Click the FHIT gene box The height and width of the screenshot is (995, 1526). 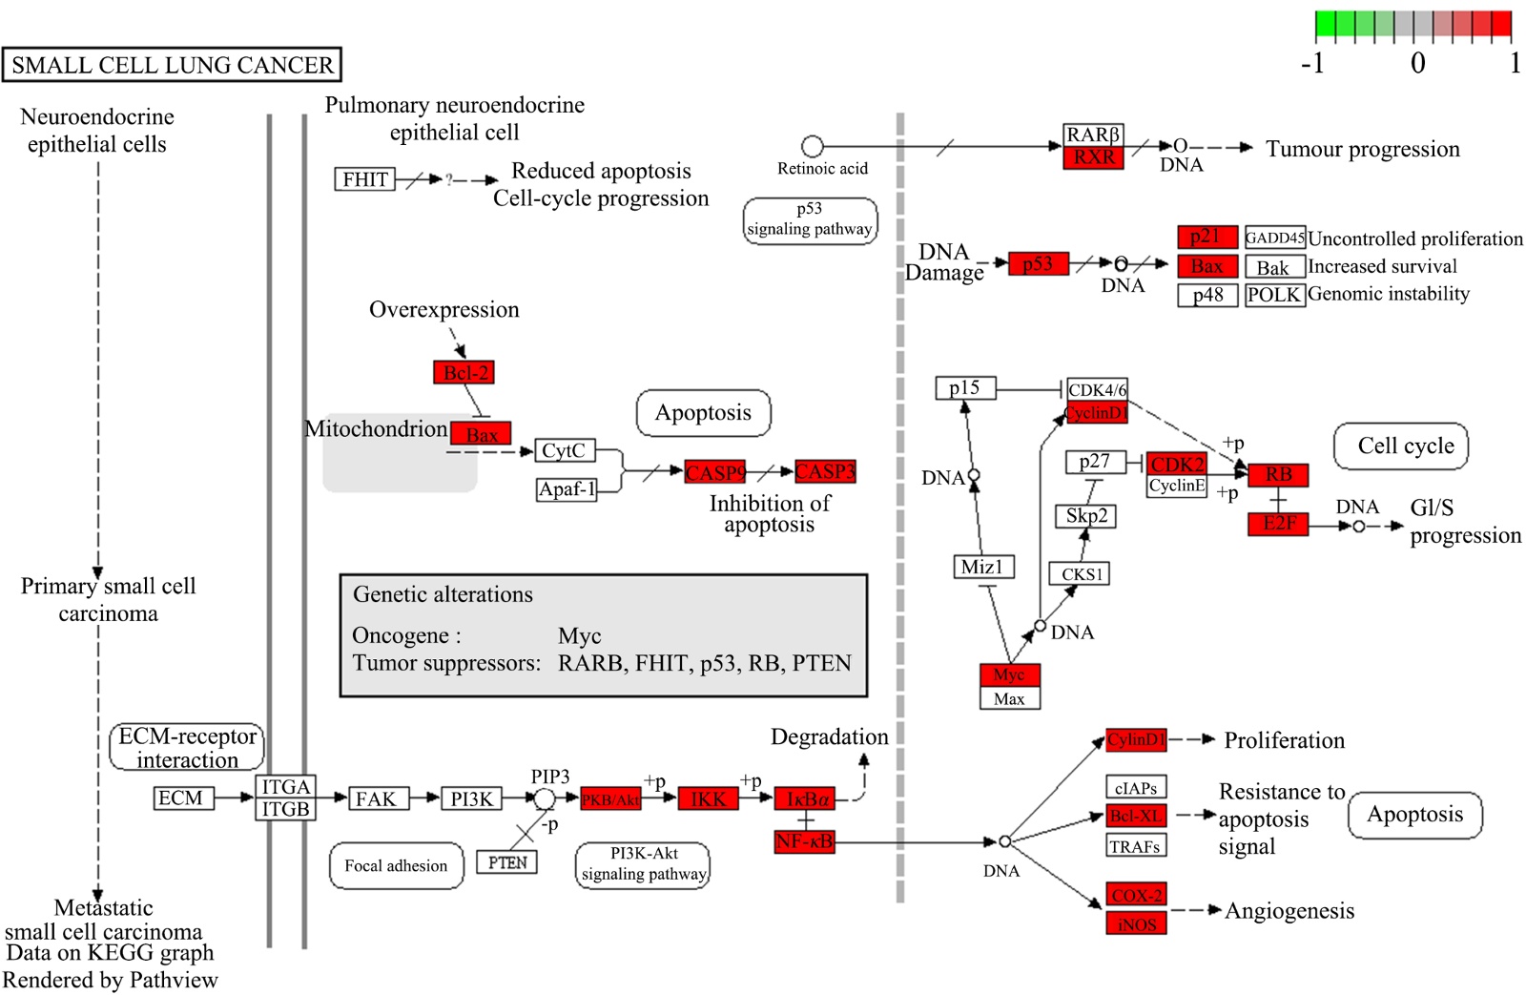pyautogui.click(x=364, y=179)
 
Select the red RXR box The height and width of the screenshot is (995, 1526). pyautogui.click(x=1093, y=157)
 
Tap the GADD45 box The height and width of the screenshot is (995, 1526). pyautogui.click(x=1274, y=238)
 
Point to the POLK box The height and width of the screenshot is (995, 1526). pyautogui.click(x=1274, y=295)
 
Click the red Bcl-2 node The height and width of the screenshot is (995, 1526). pyautogui.click(x=464, y=372)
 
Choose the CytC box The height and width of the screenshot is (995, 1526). pyautogui.click(x=564, y=450)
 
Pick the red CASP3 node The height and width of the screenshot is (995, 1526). pyautogui.click(x=825, y=471)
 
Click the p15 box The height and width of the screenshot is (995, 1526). pyautogui.click(x=965, y=388)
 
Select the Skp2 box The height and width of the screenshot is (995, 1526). pyautogui.click(x=1085, y=516)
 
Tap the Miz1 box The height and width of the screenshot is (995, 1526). pyautogui.click(x=983, y=567)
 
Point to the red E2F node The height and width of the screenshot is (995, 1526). pyautogui.click(x=1278, y=524)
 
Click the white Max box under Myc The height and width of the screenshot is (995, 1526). pyautogui.click(x=1009, y=698)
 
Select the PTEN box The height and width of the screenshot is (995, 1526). pyautogui.click(x=506, y=862)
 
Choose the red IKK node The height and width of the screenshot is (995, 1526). pyautogui.click(x=708, y=799)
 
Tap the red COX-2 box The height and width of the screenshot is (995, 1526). pyautogui.click(x=1136, y=895)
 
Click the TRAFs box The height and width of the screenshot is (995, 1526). pyautogui.click(x=1135, y=845)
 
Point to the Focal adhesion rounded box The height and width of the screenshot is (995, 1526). pyautogui.click(x=396, y=865)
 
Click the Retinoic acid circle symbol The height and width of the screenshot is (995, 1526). pyautogui.click(x=813, y=146)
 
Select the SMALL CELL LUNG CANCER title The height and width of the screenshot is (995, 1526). pyautogui.click(x=172, y=65)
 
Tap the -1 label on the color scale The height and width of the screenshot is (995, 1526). pyautogui.click(x=1313, y=63)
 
